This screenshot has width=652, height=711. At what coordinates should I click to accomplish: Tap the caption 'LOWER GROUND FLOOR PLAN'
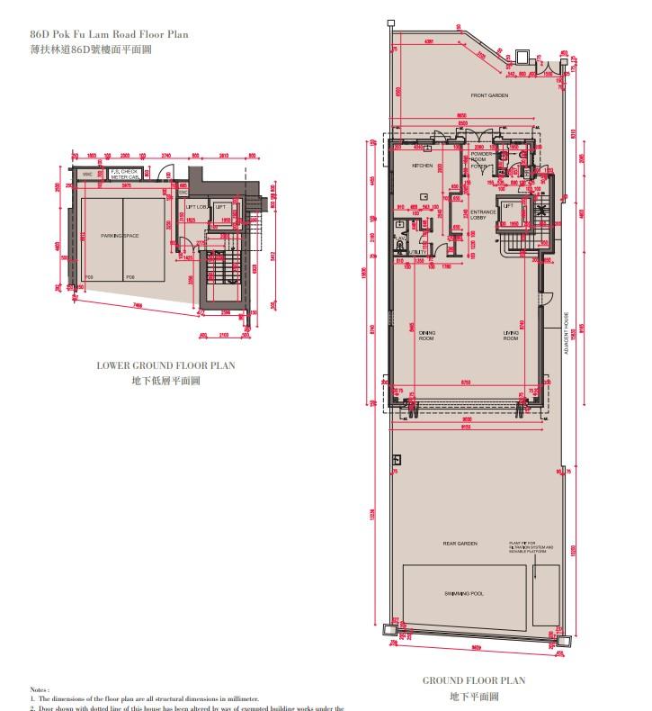[x=165, y=366]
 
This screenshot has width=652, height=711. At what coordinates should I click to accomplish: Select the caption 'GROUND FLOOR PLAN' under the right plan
[x=474, y=681]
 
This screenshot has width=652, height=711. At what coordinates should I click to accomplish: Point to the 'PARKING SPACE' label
[x=120, y=235]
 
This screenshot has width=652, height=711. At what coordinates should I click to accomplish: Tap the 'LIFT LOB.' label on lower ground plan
[x=195, y=207]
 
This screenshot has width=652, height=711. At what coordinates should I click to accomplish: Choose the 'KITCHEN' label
[x=423, y=166]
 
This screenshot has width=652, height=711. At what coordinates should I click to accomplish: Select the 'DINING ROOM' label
[x=426, y=336]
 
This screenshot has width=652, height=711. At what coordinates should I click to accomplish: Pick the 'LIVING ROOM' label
[x=510, y=336]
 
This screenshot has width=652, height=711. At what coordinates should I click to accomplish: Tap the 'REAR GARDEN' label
[x=459, y=544]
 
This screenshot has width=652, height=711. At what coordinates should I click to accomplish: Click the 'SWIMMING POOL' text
[x=464, y=595]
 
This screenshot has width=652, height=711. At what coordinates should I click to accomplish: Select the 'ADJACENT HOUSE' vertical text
[x=566, y=334]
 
